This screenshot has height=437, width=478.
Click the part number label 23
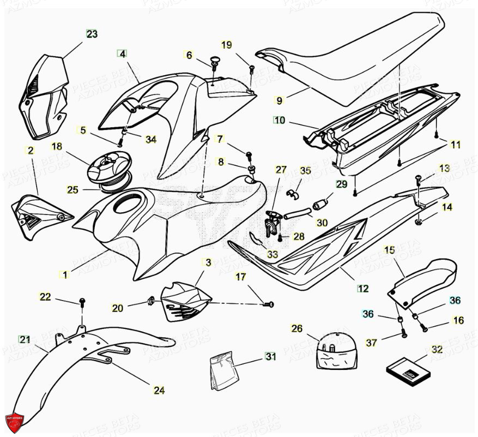[x=92, y=34]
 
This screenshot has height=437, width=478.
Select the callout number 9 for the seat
[x=279, y=100]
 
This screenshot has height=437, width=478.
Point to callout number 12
[x=363, y=288]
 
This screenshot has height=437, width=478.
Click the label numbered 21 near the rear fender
[x=25, y=339]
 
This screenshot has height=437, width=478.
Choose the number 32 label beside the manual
[x=437, y=349]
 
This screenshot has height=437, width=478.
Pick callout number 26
[x=297, y=328]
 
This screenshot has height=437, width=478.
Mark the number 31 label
[x=271, y=357]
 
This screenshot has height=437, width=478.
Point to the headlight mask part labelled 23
[x=45, y=95]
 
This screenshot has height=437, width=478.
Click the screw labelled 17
[x=269, y=304]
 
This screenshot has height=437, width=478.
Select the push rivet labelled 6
[x=214, y=62]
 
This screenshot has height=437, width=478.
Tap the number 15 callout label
[x=389, y=250]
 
